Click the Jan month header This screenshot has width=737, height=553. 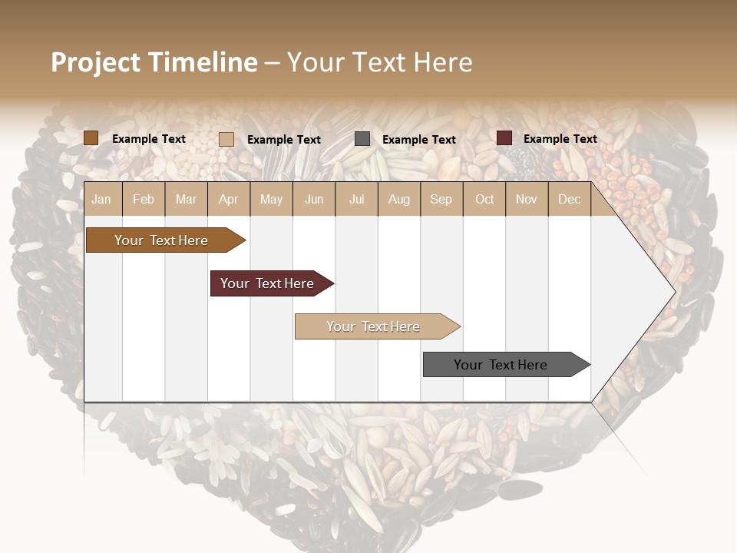pos(101,200)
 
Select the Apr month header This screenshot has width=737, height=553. pos(228,200)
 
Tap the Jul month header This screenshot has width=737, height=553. pos(356,200)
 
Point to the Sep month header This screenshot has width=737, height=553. pos(441,200)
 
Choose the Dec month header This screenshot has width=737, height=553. pos(569,200)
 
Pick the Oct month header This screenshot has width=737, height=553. pos(484,200)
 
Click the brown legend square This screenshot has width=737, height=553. pos(91,138)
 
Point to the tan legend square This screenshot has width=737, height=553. pos(226,139)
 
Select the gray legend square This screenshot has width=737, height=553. pos(362,139)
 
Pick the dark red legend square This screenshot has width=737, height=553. pos(504,138)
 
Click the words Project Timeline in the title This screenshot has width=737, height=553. pos(154,62)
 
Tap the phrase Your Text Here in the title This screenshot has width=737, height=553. pos(379,62)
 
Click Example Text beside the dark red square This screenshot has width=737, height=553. pos(560,139)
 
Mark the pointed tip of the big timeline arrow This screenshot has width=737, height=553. pos(674,291)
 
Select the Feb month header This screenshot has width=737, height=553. pos(144,200)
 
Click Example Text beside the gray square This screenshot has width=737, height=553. pos(418,140)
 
